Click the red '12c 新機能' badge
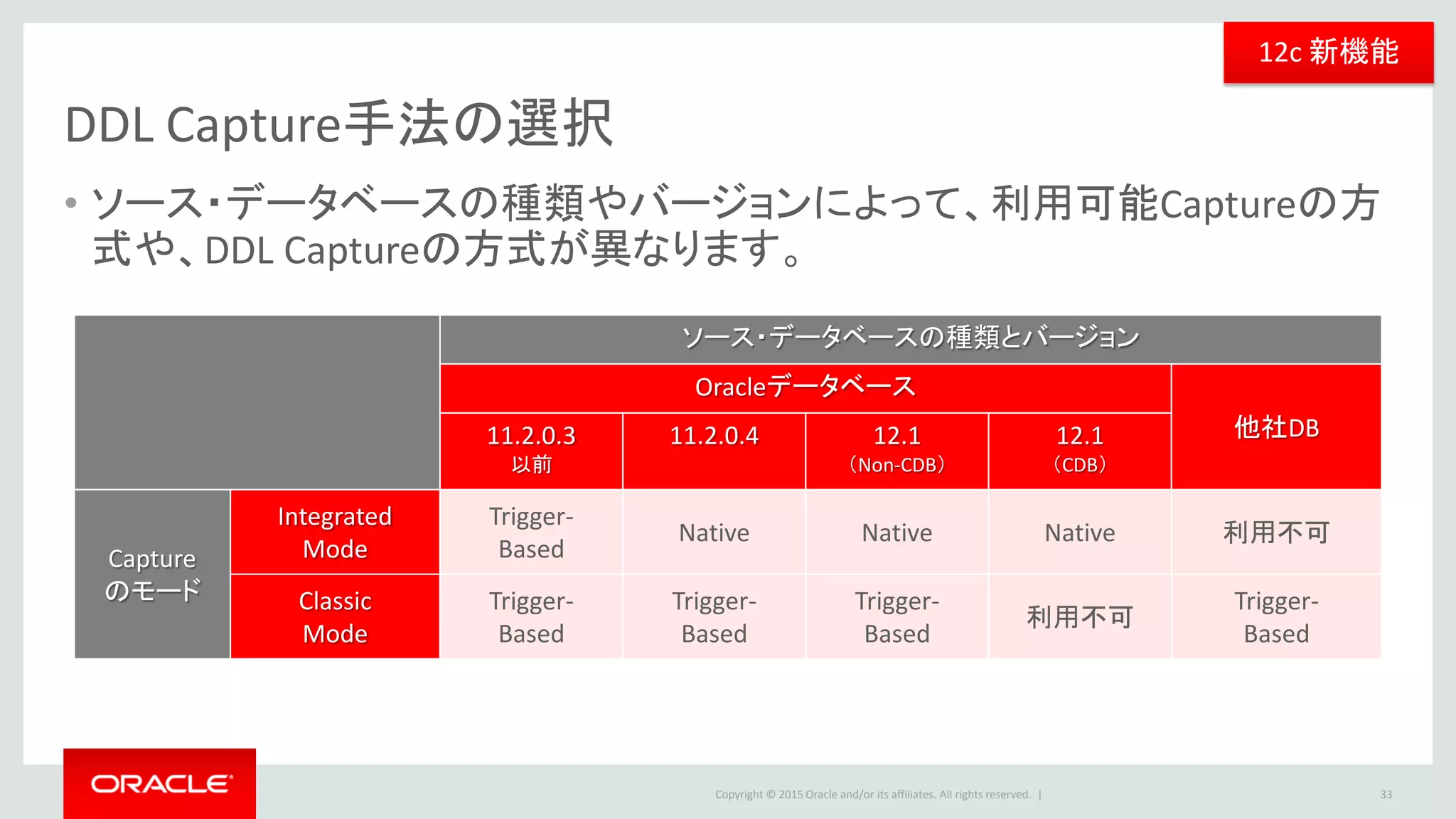pyautogui.click(x=1327, y=53)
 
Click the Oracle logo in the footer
pyautogui.click(x=161, y=783)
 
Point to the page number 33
pyautogui.click(x=1386, y=795)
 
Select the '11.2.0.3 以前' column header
pyautogui.click(x=531, y=449)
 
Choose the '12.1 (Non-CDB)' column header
pyautogui.click(x=896, y=449)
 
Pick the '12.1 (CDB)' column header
pyautogui.click(x=1079, y=449)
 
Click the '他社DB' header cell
pyautogui.click(x=1276, y=427)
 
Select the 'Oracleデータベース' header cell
pyautogui.click(x=805, y=387)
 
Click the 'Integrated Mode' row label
pyautogui.click(x=335, y=532)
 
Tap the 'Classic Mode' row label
pyautogui.click(x=335, y=617)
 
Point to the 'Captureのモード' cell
pyautogui.click(x=152, y=574)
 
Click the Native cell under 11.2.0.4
pyautogui.click(x=714, y=532)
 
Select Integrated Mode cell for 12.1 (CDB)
pyautogui.click(x=1079, y=532)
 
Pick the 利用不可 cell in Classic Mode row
pyautogui.click(x=1079, y=617)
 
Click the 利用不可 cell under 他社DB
pyautogui.click(x=1276, y=532)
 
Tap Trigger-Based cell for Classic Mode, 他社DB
pyautogui.click(x=1276, y=617)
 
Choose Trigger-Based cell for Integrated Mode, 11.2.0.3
pyautogui.click(x=531, y=532)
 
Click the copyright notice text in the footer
pyautogui.click(x=872, y=795)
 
